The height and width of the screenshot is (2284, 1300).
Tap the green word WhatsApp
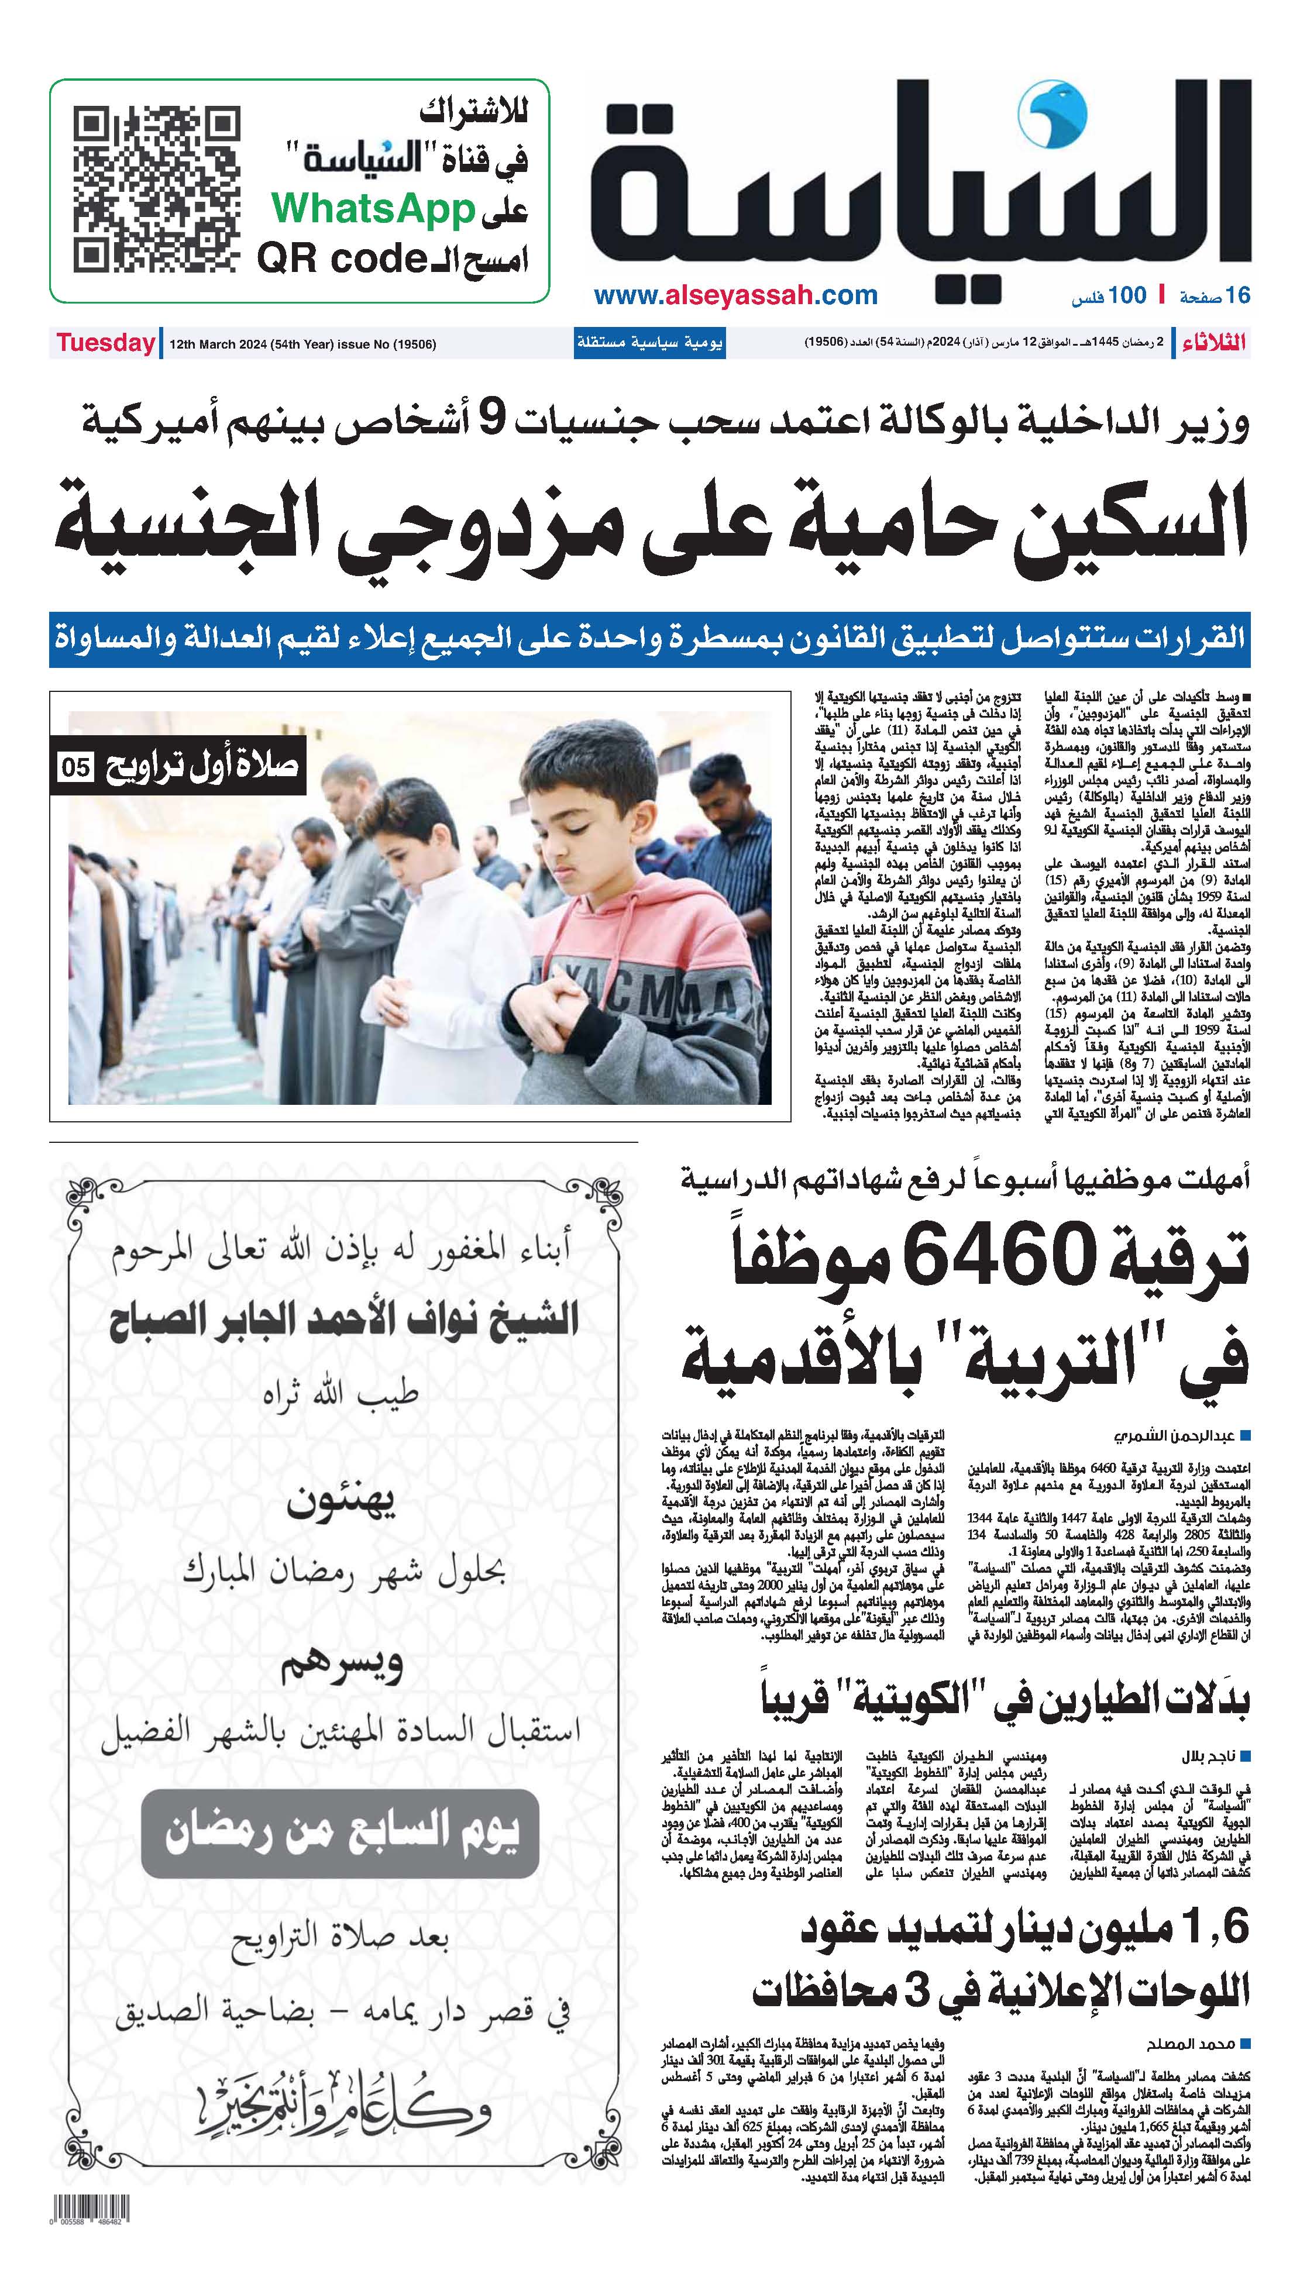(373, 211)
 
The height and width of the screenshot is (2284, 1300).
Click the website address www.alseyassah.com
(735, 295)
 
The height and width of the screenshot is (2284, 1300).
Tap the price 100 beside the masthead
(1127, 295)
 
